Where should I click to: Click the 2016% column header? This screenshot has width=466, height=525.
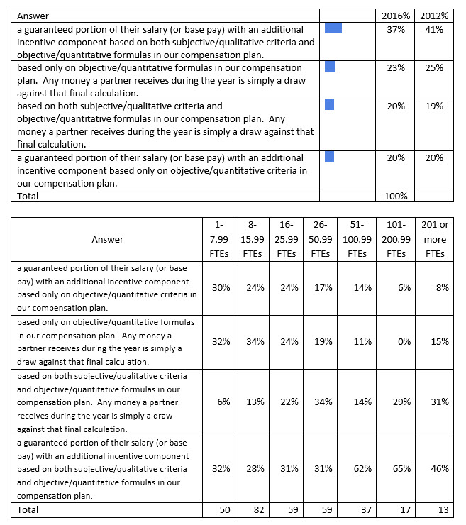pos(396,15)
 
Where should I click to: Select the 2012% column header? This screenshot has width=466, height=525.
pos(434,15)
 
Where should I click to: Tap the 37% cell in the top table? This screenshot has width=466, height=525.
pos(396,29)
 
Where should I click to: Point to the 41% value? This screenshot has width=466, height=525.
pos(434,29)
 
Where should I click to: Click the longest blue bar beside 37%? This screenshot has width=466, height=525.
pos(333,28)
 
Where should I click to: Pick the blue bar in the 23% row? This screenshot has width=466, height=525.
pos(330,67)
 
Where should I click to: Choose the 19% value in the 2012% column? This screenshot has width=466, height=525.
pos(434,106)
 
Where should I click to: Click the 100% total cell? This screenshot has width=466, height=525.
pos(396,196)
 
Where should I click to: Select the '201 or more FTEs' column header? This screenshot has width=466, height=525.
pos(435,239)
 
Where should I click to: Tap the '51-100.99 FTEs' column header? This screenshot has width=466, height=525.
pos(357,239)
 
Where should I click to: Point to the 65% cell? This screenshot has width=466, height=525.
pos(401,469)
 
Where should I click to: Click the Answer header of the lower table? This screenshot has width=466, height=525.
pos(107,239)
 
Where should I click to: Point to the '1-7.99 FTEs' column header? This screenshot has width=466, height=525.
pos(218,239)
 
